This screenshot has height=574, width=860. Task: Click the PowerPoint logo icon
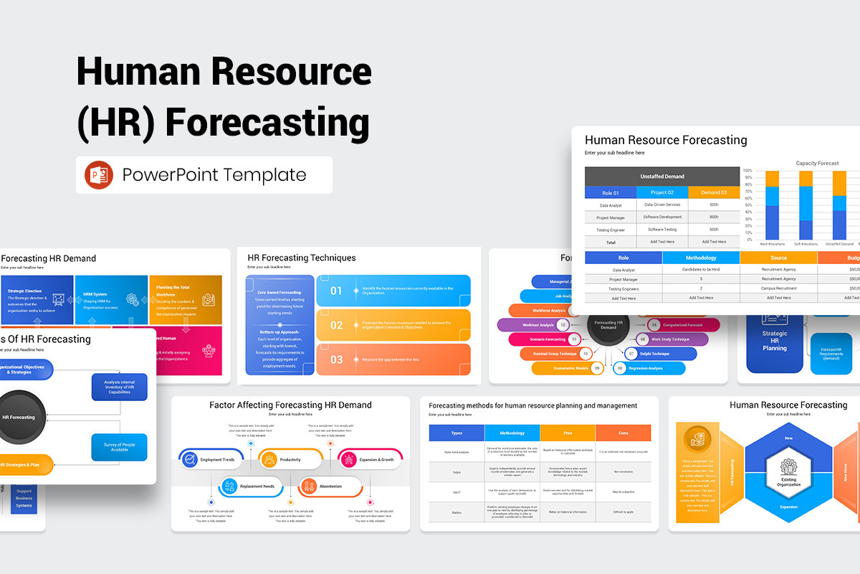pos(98,175)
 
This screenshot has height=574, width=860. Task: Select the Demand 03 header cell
pos(713,192)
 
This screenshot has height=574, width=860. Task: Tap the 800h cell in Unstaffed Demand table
pos(713,217)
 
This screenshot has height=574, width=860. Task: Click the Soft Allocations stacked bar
pos(806,205)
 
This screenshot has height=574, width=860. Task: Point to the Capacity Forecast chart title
pos(817,163)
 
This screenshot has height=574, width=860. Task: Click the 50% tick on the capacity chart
pos(747,205)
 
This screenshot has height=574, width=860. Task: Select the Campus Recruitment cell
pos(778,288)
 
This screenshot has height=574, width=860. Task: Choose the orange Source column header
pos(778,258)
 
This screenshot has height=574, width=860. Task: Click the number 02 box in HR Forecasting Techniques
pos(337,325)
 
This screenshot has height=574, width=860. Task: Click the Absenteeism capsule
pos(330,486)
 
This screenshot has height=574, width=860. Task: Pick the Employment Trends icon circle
pos(190,459)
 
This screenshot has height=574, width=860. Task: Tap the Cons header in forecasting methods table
pos(623,433)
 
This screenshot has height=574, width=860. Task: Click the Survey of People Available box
pos(119,447)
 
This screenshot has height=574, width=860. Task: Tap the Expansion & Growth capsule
pos(370,459)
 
